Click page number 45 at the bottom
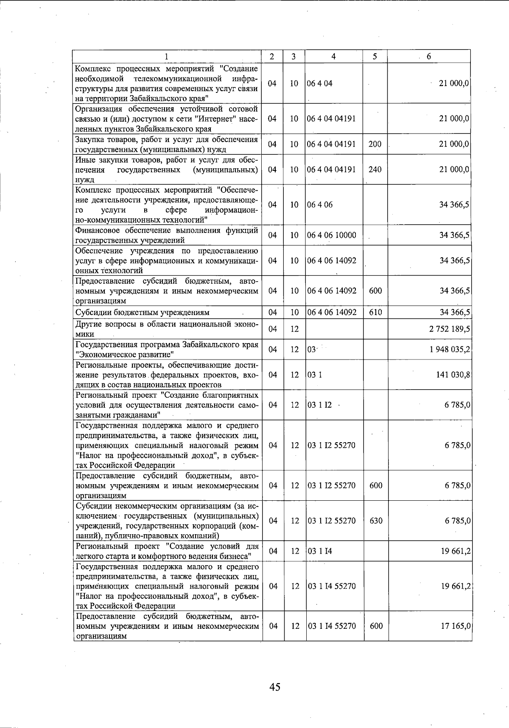[x=274, y=686]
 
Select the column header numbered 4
[x=334, y=56]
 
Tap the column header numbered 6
[x=429, y=56]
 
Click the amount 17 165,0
[x=455, y=626]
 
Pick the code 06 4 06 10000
[x=332, y=235]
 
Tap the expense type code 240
[x=375, y=170]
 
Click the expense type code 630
[x=376, y=521]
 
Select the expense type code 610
[x=375, y=312]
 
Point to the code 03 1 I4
[x=320, y=551]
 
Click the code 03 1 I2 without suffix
[x=320, y=405]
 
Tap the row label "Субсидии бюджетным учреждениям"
[x=142, y=312]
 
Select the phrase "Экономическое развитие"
[x=125, y=354]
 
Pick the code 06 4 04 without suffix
[x=320, y=84]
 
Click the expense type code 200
[x=375, y=144]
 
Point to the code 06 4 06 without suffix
[x=320, y=205]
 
